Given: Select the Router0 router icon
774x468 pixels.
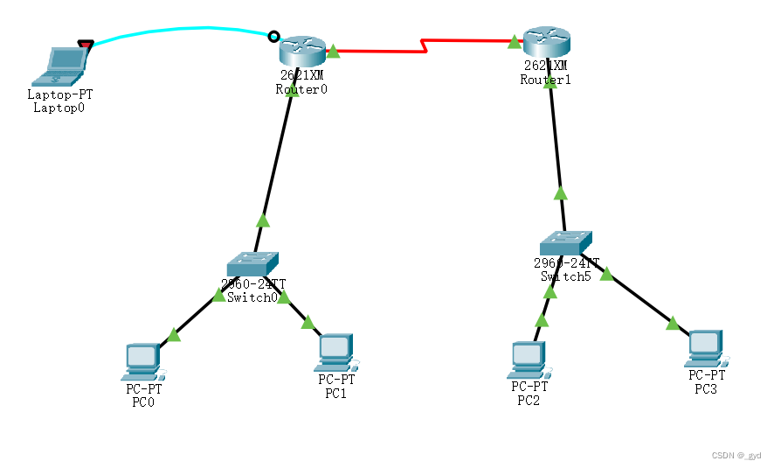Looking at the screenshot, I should coord(302,50).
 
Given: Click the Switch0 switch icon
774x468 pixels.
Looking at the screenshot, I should coord(252,263).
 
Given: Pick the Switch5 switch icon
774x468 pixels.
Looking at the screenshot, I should coord(565,242).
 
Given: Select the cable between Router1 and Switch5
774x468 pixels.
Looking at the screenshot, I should coord(556,149).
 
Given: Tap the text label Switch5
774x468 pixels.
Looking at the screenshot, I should coord(566,276).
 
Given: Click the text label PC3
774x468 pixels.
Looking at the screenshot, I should coord(706,388).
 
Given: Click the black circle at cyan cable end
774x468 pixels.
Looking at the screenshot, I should coord(273,37).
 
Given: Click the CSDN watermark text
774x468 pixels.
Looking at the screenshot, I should coord(736,456).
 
